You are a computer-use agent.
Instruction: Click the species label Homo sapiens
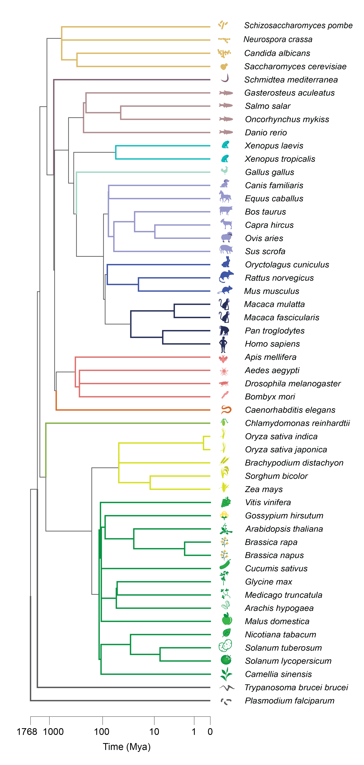coord(272,344)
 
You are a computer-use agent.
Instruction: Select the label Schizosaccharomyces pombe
coord(298,26)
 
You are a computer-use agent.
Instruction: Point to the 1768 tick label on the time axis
coord(27,732)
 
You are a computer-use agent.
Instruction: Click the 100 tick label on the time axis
coord(102,732)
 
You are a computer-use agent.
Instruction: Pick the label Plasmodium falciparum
coord(289,701)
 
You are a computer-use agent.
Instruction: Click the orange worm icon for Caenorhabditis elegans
coord(226,410)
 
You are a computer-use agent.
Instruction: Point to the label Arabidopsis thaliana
coord(284,529)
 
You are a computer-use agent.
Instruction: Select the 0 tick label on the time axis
coord(210,732)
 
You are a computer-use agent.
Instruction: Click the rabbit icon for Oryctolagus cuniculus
coord(226,262)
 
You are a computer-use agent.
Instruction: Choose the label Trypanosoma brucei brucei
coord(296,687)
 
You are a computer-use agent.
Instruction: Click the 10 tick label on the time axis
coord(154,732)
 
